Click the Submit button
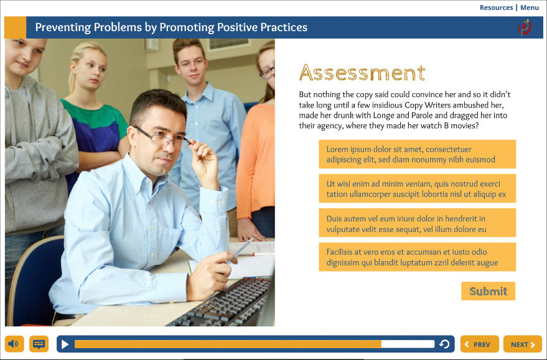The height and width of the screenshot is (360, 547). [488, 291]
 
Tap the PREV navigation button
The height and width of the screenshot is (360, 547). [479, 344]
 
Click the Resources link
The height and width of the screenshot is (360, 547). [496, 7]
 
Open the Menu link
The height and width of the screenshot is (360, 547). [530, 7]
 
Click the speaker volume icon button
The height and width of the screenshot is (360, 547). [14, 344]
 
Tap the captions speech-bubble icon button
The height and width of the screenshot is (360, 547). [39, 344]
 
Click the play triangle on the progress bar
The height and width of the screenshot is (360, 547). [65, 344]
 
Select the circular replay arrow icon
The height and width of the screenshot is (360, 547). [444, 344]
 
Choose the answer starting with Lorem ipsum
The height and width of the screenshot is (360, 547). [417, 154]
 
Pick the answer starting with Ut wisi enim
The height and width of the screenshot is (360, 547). [417, 188]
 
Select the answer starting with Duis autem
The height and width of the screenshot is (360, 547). [417, 223]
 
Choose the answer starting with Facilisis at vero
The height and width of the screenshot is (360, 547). [417, 257]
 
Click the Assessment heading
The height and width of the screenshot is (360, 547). [362, 73]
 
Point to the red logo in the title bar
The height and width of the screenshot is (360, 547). [525, 27]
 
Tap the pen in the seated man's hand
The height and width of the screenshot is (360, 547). [238, 251]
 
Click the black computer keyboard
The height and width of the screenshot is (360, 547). [223, 303]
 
